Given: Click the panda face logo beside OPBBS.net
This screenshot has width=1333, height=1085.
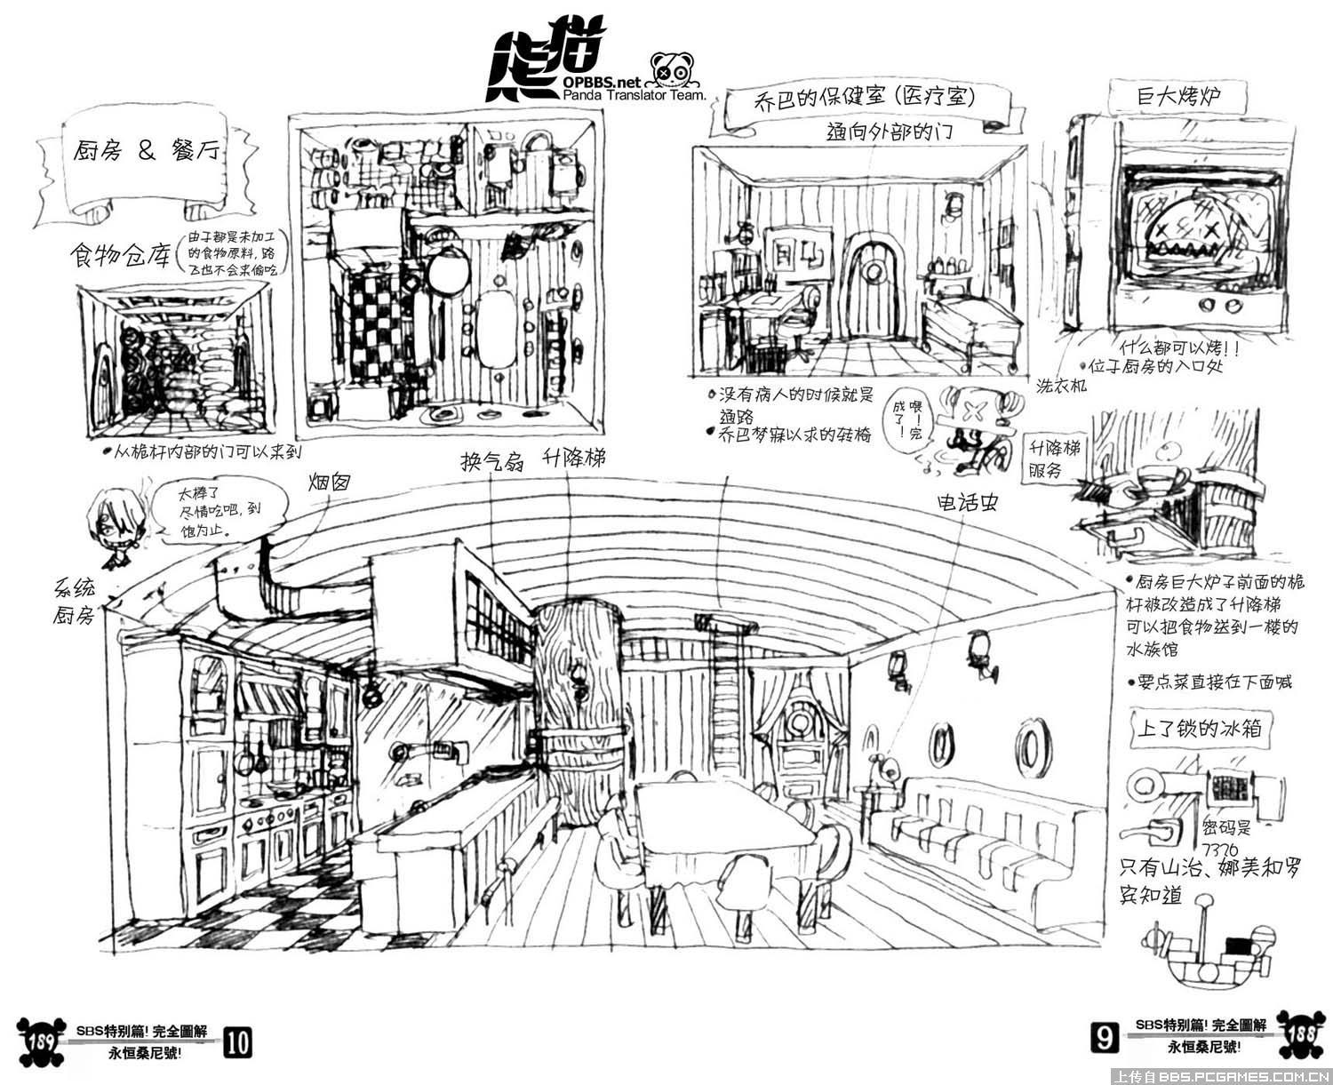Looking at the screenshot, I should (672, 68).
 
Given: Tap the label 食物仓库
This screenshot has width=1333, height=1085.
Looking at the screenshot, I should (121, 257).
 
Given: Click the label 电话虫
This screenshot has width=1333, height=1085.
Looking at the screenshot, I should (968, 503).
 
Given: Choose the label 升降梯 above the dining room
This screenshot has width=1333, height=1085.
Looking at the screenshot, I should (576, 459).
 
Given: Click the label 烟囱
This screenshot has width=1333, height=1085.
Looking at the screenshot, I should (329, 483).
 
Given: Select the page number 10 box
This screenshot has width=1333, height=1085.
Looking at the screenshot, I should (239, 1041).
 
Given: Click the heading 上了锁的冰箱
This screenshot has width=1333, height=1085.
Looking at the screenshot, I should (1200, 730).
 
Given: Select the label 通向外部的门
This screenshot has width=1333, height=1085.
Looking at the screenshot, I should (889, 132).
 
